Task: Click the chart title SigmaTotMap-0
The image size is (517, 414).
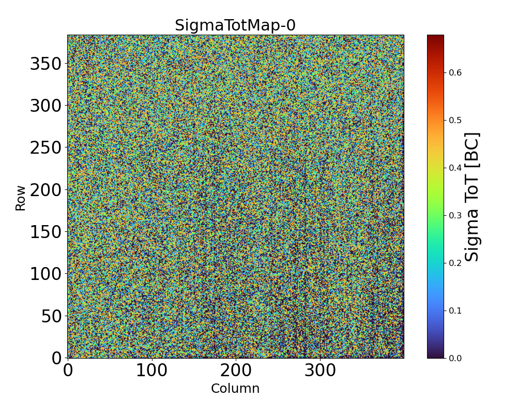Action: point(235,25)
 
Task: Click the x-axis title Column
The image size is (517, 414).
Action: point(235,389)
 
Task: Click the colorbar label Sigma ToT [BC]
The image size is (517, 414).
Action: point(472,197)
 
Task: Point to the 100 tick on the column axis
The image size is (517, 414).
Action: point(152,371)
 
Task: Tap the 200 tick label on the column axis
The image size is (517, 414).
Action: point(236,371)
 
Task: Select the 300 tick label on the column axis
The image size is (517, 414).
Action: point(320,371)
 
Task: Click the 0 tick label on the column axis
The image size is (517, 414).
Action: point(68,371)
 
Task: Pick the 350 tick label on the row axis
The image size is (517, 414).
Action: point(45,64)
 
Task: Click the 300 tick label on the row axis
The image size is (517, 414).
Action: point(45,106)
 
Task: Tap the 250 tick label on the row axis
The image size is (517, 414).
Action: point(45,148)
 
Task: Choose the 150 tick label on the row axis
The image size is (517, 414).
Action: point(45,232)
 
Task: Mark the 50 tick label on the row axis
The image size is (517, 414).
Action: point(52,316)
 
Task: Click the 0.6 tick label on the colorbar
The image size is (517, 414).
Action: point(455,72)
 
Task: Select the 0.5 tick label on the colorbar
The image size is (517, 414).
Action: point(455,120)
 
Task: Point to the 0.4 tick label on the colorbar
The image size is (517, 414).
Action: point(455,168)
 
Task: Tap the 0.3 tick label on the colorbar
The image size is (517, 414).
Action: point(455,215)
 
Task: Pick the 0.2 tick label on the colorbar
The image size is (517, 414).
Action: point(455,263)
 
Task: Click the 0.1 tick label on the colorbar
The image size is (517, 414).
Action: point(455,310)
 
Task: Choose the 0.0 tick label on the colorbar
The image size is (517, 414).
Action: point(455,358)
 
